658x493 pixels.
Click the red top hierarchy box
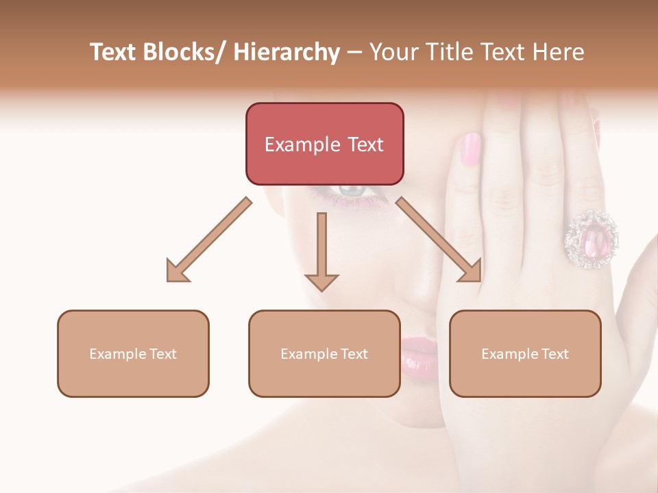point(324,144)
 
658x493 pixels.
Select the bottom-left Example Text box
point(133,353)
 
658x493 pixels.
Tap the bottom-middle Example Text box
point(324,353)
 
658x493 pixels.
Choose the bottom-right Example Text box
point(525,353)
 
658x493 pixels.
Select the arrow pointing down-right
point(439,240)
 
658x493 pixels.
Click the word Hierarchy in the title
point(287,52)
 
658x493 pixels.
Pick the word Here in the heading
point(559,52)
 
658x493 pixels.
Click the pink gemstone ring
point(591,238)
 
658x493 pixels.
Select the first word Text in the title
point(113,52)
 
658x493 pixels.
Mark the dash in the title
point(354,53)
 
